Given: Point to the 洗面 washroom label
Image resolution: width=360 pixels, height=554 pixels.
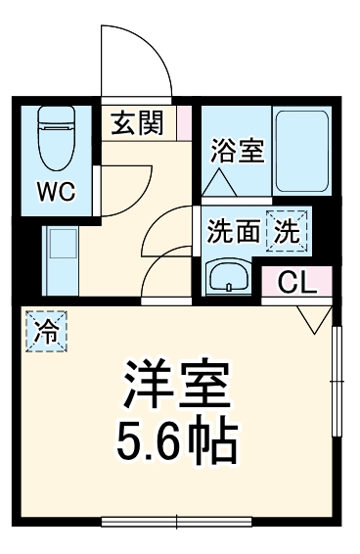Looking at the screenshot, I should pos(234,232).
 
